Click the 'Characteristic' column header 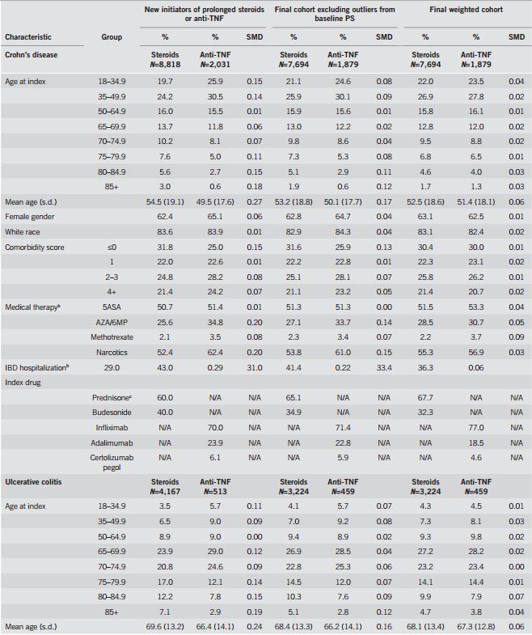[29, 36]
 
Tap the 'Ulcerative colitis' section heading [33, 482]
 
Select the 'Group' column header [112, 36]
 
